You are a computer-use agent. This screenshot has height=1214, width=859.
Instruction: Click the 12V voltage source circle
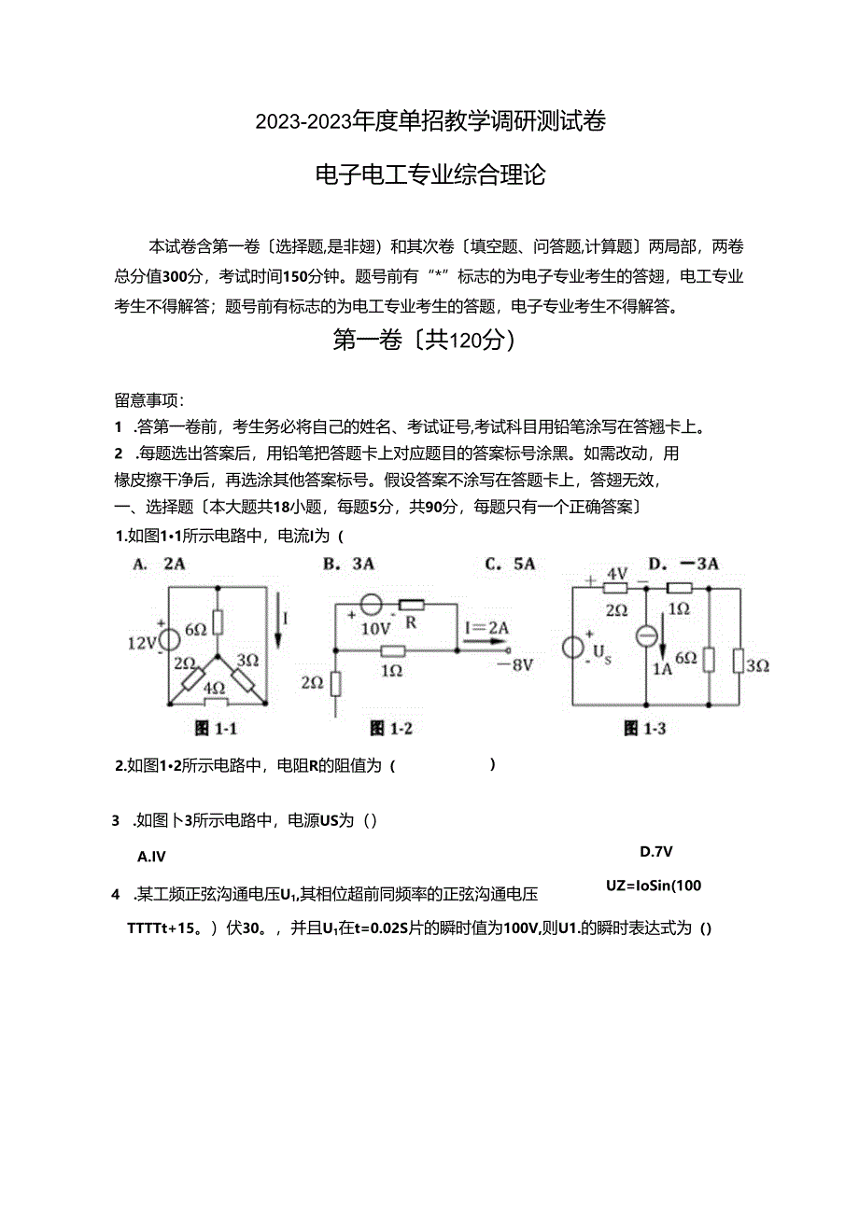[169, 641]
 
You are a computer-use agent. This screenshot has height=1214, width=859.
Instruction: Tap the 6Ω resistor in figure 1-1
[218, 622]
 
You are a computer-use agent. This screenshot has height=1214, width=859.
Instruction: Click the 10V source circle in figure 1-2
[371, 605]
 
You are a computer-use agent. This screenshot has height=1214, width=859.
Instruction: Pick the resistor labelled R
[411, 605]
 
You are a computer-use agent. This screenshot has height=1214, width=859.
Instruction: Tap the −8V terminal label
[514, 664]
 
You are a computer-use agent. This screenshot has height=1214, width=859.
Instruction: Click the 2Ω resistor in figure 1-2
[336, 683]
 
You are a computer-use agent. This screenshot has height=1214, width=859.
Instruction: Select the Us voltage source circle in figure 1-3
[571, 647]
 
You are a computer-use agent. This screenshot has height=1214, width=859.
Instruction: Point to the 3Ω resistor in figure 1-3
[738, 663]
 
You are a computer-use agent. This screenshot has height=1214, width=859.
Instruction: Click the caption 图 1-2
[390, 728]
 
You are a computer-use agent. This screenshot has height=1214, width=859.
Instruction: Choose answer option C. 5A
[510, 563]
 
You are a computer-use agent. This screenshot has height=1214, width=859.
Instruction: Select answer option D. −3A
[683, 563]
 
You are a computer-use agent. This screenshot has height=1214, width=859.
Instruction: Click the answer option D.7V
[656, 851]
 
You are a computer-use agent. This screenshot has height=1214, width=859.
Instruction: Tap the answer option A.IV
[151, 856]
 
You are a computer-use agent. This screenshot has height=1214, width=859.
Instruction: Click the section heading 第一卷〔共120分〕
[425, 342]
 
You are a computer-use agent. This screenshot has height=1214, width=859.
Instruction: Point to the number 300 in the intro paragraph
[176, 276]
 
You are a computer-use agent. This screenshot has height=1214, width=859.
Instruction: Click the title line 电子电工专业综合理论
[430, 174]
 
